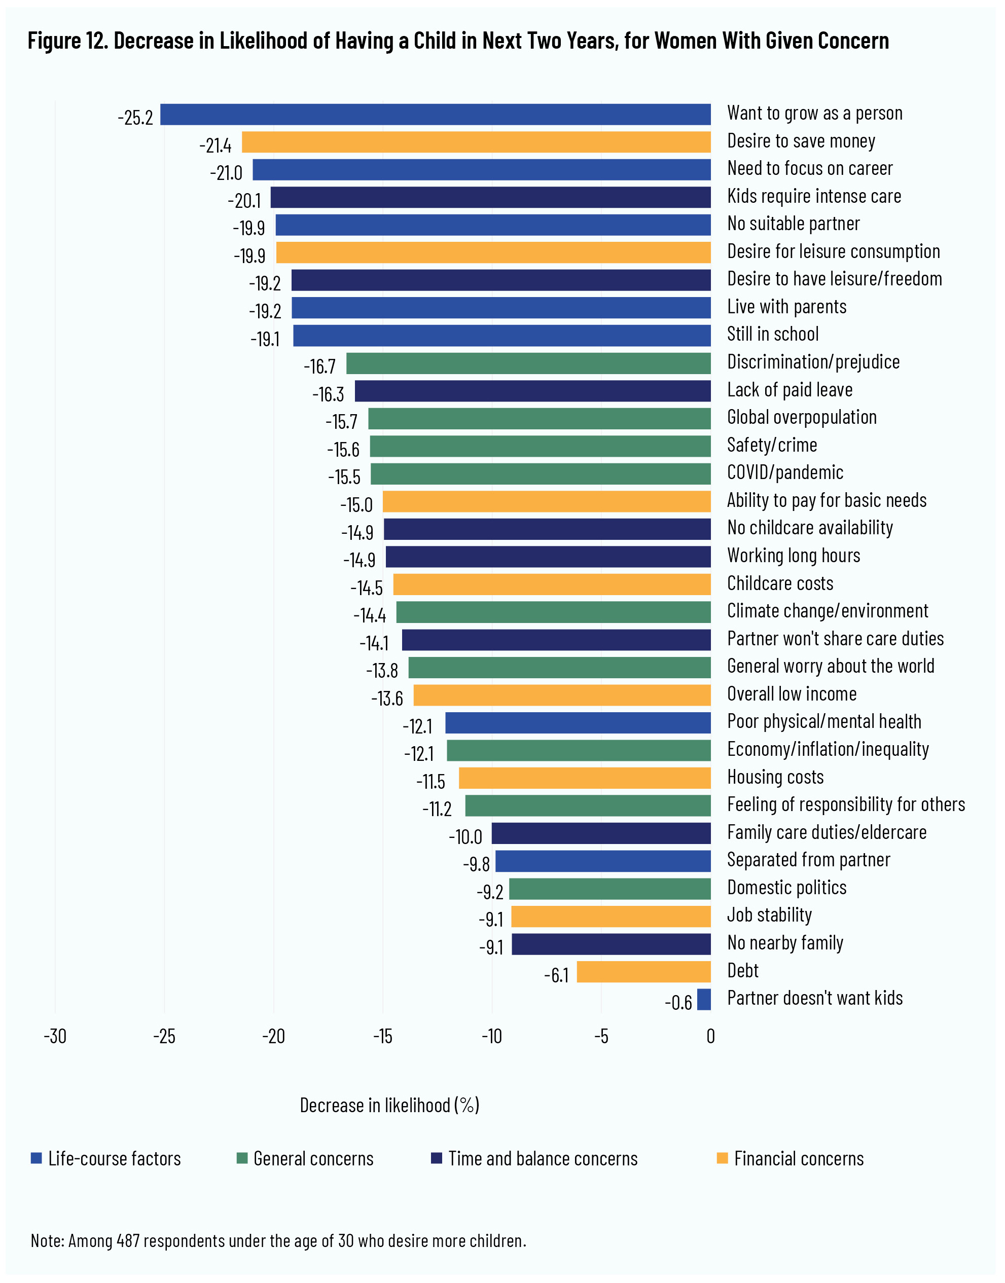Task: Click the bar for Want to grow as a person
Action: click(x=436, y=114)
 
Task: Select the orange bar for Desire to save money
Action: click(x=476, y=142)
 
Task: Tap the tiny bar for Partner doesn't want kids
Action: click(x=704, y=1000)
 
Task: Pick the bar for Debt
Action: click(x=644, y=972)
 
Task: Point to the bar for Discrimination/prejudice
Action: click(x=528, y=363)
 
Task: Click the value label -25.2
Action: click(x=135, y=118)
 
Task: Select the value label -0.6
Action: click(x=678, y=1002)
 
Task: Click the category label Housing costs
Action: click(x=775, y=777)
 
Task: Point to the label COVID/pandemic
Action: click(x=785, y=472)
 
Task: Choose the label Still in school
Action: click(x=773, y=334)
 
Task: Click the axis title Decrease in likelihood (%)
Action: click(x=389, y=1106)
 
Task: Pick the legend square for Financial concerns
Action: click(x=723, y=1158)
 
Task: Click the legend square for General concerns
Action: click(x=242, y=1158)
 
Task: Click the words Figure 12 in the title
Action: click(x=66, y=41)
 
